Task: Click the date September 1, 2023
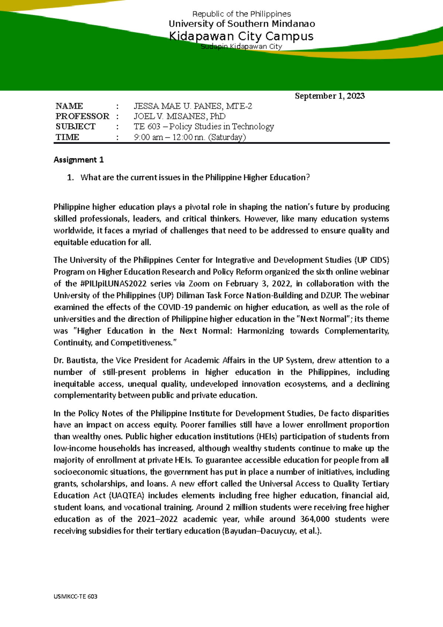(x=330, y=96)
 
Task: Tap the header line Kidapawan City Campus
(x=241, y=36)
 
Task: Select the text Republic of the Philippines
(x=241, y=14)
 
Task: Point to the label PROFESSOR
(x=82, y=116)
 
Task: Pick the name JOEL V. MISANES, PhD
(x=179, y=116)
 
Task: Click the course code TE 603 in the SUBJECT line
(x=147, y=127)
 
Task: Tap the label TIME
(x=67, y=137)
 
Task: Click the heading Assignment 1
(x=79, y=160)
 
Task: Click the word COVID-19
(x=175, y=308)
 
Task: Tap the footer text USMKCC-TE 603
(x=75, y=596)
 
